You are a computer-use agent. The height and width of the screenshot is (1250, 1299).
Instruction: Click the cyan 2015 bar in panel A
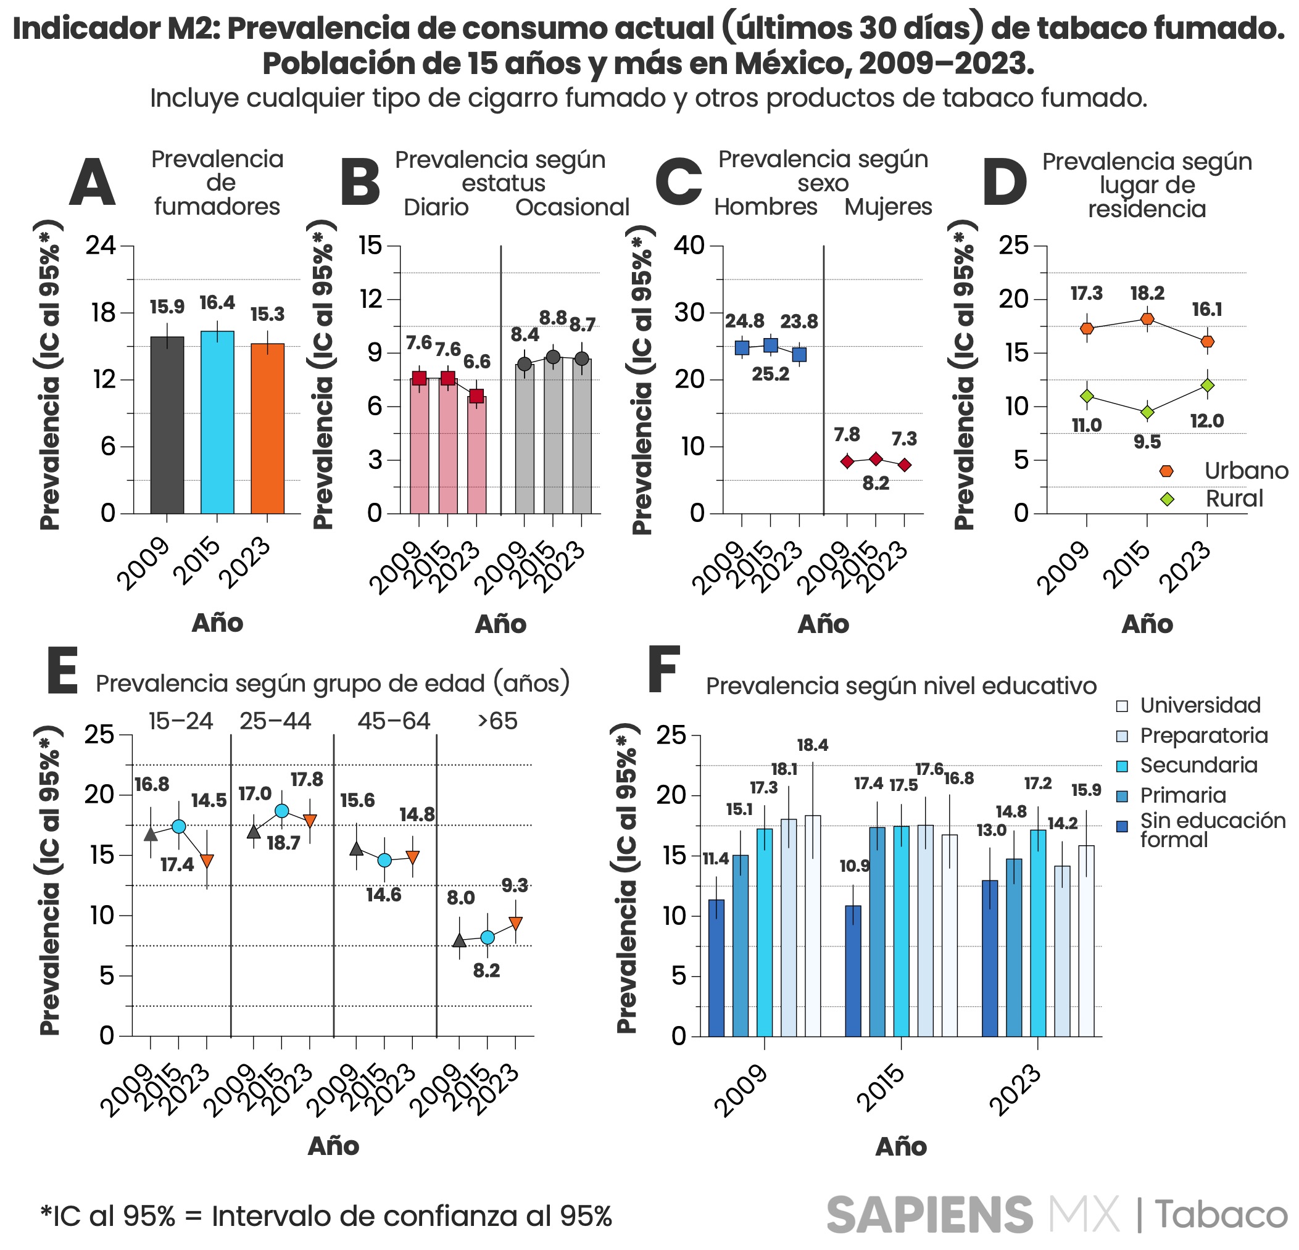[x=217, y=424]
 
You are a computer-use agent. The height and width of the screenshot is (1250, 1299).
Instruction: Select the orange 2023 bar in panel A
[x=267, y=431]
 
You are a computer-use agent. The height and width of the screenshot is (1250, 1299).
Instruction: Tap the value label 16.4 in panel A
[x=217, y=303]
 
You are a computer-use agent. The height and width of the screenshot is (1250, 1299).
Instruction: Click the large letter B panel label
[x=360, y=182]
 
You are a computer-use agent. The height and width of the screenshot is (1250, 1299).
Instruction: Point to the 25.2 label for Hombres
[x=770, y=375]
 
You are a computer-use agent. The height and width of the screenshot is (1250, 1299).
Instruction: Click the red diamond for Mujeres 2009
[x=846, y=462]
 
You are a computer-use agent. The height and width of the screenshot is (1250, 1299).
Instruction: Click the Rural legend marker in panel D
[x=1167, y=499]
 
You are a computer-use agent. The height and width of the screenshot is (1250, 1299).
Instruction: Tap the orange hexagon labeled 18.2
[x=1147, y=319]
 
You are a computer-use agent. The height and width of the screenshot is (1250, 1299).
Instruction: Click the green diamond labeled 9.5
[x=1147, y=412]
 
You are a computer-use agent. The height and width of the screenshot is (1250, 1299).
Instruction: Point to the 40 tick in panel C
[x=689, y=246]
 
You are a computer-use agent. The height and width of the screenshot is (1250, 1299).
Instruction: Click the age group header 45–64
[x=394, y=721]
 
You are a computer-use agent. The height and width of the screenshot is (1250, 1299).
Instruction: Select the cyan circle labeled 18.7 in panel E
[x=281, y=811]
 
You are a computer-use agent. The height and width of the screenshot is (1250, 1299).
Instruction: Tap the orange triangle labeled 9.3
[x=516, y=922]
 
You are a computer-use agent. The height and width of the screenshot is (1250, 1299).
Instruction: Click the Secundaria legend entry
[x=1198, y=766]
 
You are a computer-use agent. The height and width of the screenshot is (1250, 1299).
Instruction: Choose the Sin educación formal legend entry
[x=1211, y=830]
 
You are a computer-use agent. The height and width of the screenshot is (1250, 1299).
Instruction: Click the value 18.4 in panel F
[x=812, y=745]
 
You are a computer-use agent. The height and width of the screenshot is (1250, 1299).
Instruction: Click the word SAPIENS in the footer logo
[x=929, y=1215]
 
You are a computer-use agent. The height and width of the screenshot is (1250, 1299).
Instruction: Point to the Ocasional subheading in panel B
[x=572, y=207]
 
